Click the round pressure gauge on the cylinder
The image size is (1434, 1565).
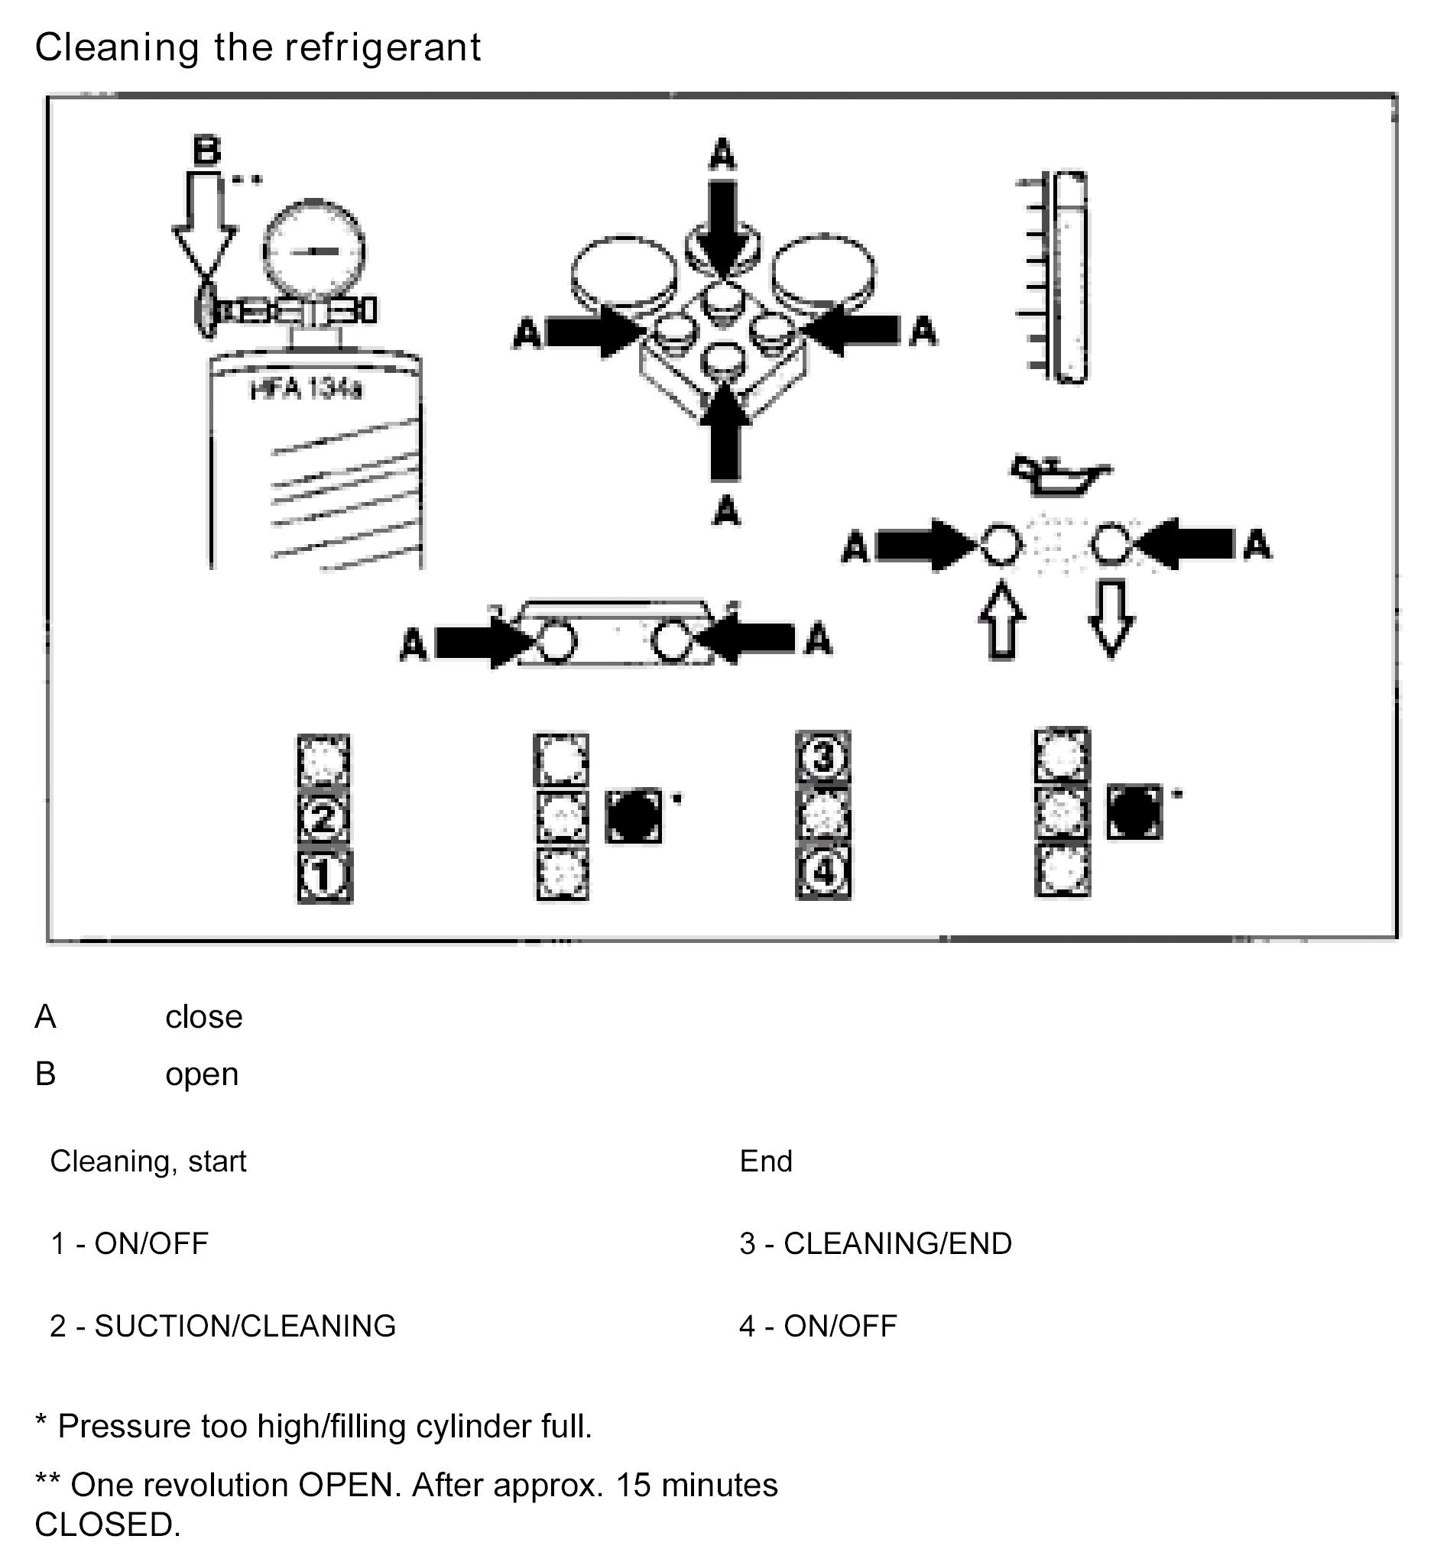313,251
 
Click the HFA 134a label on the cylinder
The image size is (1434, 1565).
306,388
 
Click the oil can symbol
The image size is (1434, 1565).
1059,475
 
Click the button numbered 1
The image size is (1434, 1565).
326,876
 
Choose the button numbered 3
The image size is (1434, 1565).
824,757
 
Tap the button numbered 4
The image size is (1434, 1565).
824,872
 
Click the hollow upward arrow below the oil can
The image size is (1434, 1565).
1002,621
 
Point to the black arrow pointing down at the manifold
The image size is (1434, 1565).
723,225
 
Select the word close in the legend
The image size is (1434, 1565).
203,1017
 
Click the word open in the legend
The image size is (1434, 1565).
202,1074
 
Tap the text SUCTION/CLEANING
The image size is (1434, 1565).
245,1326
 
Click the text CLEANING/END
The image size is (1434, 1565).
897,1243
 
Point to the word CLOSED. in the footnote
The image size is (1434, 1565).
107,1524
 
